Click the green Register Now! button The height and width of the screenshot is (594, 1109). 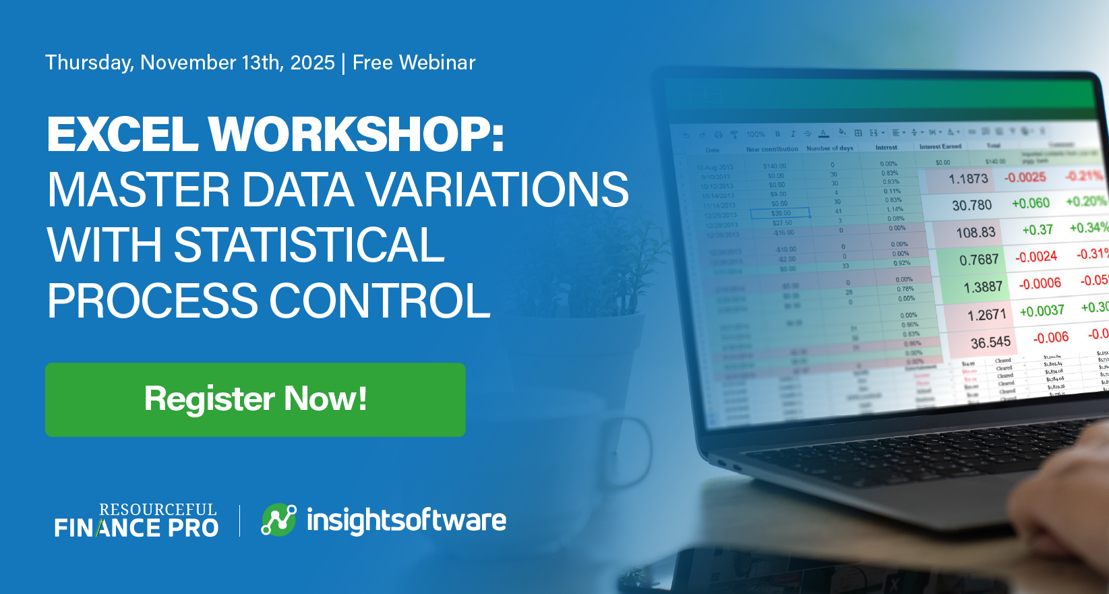coord(255,399)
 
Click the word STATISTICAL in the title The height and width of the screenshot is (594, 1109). coord(309,245)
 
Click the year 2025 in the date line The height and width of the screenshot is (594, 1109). coord(312,63)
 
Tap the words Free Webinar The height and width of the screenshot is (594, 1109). coord(414,63)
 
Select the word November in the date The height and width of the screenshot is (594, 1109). coord(188,63)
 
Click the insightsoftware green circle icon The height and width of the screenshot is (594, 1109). coord(278,520)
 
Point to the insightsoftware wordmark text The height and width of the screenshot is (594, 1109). coord(406,521)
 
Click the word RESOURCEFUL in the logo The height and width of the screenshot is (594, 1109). coord(158,510)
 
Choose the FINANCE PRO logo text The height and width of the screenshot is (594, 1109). coord(136,528)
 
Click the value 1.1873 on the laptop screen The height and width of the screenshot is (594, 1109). coord(968,179)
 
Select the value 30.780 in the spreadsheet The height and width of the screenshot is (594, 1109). coord(971,205)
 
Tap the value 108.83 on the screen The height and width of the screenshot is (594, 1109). coord(976,233)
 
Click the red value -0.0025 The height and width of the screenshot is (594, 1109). coord(1025,177)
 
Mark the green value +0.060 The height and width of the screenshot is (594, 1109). coord(1030,203)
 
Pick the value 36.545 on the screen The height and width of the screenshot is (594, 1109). coord(990,343)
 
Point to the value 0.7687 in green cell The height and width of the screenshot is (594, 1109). coord(979,260)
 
